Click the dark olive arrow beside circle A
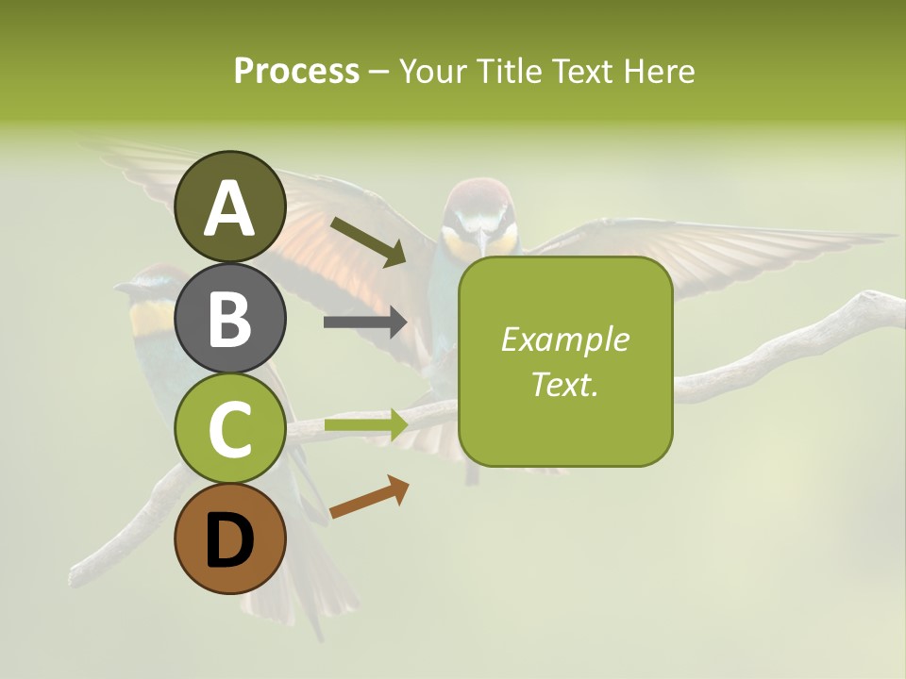[x=369, y=241]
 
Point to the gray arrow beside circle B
[x=365, y=323]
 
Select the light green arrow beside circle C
[x=366, y=424]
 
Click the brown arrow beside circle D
[x=369, y=497]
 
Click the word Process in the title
[x=296, y=71]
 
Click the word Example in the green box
[x=565, y=339]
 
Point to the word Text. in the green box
[x=565, y=384]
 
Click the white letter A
[x=230, y=208]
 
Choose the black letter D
[x=230, y=541]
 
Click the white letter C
[x=230, y=429]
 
